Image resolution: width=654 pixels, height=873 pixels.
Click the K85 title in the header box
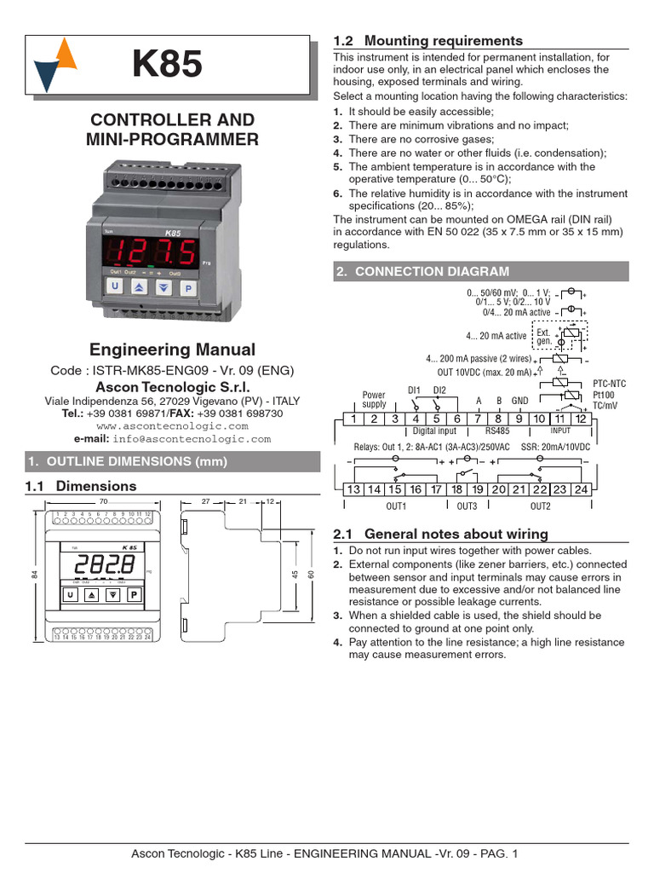167,65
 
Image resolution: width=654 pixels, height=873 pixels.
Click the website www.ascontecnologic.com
173,425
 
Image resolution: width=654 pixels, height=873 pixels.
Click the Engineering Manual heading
173,350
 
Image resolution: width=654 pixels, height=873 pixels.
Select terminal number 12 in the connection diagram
581,419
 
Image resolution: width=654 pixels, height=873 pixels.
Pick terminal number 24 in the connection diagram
581,489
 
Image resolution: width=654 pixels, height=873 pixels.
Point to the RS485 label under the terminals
497,431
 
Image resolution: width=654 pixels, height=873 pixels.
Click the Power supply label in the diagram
374,400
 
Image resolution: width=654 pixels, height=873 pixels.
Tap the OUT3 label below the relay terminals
467,506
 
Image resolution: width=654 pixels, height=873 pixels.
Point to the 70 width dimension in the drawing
103,502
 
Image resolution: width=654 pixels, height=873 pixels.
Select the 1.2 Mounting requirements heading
427,41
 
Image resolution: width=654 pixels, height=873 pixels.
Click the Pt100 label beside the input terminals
604,396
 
